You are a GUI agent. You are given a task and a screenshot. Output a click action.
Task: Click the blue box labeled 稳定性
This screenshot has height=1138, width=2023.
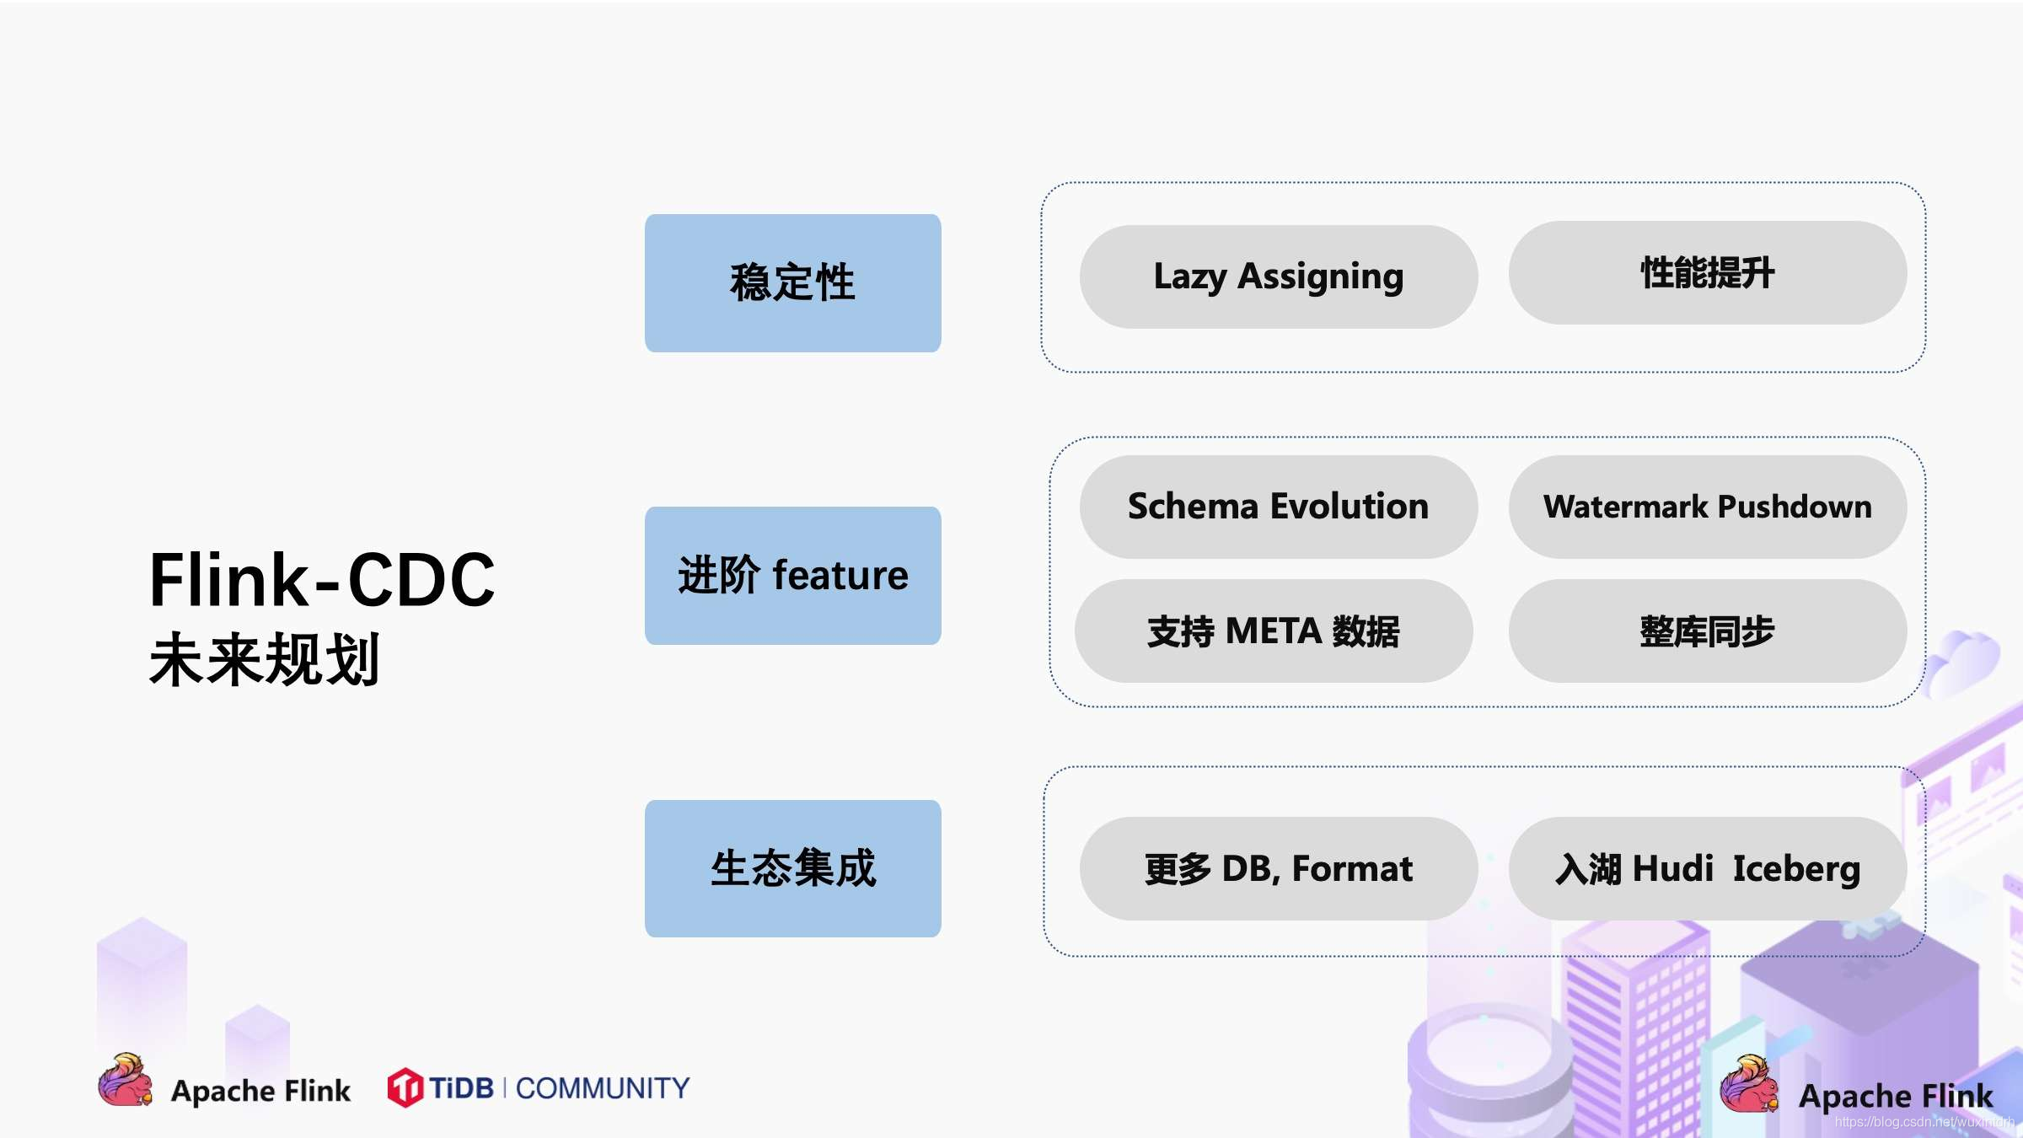coord(792,283)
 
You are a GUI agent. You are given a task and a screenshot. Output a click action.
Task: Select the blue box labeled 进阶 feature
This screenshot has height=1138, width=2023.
coord(792,576)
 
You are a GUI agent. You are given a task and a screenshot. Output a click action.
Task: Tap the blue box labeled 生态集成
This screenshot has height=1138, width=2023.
coord(792,868)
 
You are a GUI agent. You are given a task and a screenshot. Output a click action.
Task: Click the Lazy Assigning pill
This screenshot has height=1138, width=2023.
coord(1278,276)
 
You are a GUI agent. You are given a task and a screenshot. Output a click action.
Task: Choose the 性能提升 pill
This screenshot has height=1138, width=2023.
coord(1708,273)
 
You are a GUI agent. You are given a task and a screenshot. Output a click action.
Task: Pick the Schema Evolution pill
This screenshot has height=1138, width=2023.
coord(1278,507)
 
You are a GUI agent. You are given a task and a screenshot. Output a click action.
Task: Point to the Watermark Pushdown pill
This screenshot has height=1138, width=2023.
coord(1708,507)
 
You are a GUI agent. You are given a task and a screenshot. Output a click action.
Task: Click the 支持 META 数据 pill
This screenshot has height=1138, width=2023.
coord(1274,631)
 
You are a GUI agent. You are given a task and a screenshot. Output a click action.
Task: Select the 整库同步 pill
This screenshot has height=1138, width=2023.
coord(1708,631)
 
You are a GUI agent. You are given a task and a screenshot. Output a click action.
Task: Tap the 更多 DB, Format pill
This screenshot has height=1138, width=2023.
coord(1278,868)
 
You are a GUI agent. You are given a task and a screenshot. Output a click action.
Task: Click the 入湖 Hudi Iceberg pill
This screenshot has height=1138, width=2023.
coord(1708,868)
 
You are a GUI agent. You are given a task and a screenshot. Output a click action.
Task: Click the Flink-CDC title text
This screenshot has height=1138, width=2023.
coord(322,580)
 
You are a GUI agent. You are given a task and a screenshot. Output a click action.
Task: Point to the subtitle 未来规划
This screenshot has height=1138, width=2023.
coord(265,659)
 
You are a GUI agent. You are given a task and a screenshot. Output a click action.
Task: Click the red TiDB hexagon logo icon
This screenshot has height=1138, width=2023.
coord(405,1087)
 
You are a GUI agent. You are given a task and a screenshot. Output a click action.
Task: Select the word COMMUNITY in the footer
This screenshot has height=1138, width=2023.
coord(603,1088)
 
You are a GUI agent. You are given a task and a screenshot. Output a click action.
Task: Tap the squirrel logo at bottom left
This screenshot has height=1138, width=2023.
coord(126,1080)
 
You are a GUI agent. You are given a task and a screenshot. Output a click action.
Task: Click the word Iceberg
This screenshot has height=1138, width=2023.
coord(1796,869)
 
